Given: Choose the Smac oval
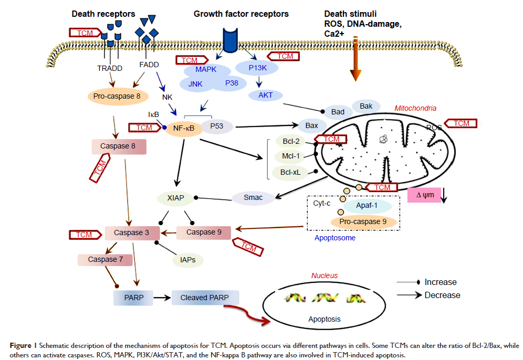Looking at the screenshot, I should pyautogui.click(x=253, y=197).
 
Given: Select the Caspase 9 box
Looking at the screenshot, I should pyautogui.click(x=201, y=232).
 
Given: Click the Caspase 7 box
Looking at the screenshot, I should pyautogui.click(x=102, y=259).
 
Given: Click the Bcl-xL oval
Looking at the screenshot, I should pyautogui.click(x=289, y=172).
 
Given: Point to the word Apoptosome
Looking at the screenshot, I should pyautogui.click(x=335, y=238).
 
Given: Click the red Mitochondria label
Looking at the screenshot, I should pyautogui.click(x=415, y=108).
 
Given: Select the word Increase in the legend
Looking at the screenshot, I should pyautogui.click(x=441, y=282).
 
